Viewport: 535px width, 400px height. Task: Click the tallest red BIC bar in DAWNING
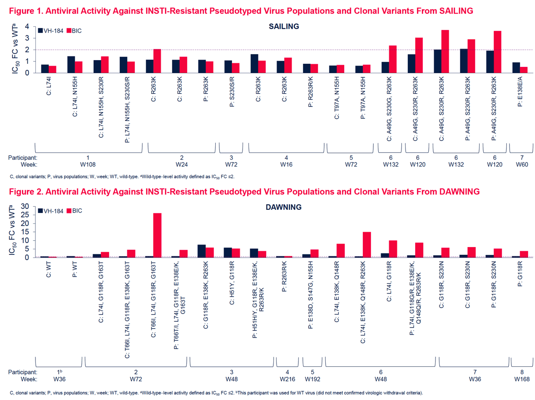157,235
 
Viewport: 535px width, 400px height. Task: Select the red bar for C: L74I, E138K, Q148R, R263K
367,245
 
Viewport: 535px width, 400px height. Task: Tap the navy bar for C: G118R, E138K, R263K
202,251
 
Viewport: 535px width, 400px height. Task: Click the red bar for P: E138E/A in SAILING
523,70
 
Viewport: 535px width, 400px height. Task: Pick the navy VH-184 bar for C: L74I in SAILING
45,69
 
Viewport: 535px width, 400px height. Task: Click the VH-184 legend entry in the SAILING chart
50,31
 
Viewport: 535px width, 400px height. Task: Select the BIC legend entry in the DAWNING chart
74,211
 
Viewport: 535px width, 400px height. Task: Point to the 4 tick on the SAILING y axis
27,27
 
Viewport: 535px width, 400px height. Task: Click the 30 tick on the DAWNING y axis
25,207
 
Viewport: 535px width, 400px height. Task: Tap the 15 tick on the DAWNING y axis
25,232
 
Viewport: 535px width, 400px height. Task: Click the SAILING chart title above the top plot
284,26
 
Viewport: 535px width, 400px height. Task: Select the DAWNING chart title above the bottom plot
283,207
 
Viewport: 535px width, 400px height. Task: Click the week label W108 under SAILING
88,164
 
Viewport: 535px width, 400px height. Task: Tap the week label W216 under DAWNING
287,379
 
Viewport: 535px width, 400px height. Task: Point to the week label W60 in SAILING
522,164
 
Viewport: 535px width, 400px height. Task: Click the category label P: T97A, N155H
363,98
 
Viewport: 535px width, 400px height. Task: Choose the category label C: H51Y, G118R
232,283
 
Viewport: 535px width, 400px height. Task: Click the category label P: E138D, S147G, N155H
310,295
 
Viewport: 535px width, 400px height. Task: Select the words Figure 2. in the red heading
26,192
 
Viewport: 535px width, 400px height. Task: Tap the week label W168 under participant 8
522,379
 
